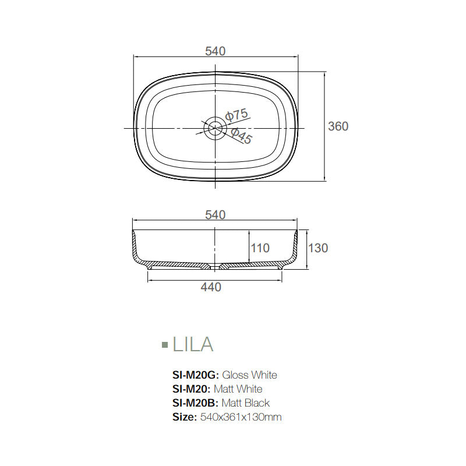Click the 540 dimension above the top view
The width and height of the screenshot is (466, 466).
215,51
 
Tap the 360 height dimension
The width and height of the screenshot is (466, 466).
338,126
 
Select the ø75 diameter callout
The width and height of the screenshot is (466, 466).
237,115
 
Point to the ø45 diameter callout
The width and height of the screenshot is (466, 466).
241,137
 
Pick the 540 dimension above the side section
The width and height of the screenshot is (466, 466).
215,215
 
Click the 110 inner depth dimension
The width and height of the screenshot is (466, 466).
260,248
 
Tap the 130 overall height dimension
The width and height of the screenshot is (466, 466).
318,248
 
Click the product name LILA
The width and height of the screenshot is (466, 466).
193,344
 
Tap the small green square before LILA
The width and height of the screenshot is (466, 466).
164,345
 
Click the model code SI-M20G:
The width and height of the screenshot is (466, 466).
196,375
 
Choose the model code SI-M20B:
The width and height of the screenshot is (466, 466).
195,403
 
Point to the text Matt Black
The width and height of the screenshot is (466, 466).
245,403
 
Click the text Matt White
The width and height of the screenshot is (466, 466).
238,389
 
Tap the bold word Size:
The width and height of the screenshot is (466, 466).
185,417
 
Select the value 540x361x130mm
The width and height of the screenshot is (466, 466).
241,417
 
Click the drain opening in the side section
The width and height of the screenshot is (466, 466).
216,266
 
